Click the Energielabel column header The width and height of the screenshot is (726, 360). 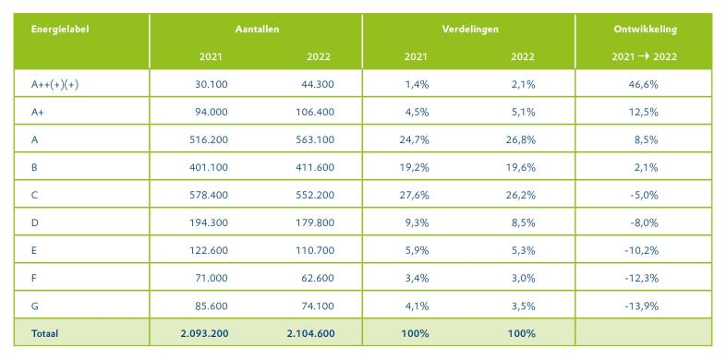60,30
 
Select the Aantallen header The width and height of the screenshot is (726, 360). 257,30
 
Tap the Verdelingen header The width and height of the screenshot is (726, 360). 470,30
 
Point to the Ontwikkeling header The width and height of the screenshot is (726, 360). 645,30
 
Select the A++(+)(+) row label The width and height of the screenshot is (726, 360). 54,85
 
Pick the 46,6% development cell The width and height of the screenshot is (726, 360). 645,85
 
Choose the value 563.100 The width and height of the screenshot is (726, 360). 315,139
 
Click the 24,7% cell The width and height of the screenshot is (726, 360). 415,139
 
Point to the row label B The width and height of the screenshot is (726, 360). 34,167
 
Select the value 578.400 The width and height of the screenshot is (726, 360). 209,196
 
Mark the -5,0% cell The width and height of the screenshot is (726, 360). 646,196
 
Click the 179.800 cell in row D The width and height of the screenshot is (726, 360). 315,223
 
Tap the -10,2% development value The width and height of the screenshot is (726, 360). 644,251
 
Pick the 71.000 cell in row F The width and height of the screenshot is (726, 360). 212,279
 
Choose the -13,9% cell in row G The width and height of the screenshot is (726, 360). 644,306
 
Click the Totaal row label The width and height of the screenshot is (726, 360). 44,333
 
